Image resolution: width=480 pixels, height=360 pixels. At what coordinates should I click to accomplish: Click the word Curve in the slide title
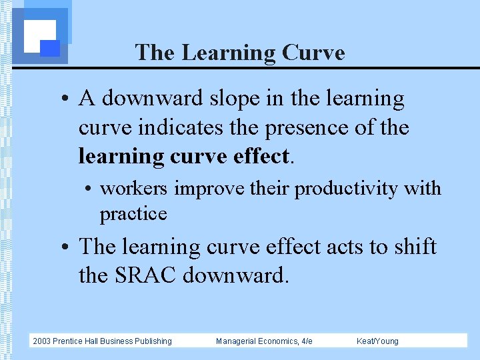[x=313, y=53]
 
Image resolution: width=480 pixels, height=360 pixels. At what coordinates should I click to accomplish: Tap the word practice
[x=133, y=213]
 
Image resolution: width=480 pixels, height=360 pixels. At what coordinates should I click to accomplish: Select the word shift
[x=413, y=247]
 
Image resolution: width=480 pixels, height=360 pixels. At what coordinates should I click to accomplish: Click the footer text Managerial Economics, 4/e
[x=264, y=341]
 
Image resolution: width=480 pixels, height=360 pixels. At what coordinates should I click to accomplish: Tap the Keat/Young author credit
[x=377, y=341]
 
